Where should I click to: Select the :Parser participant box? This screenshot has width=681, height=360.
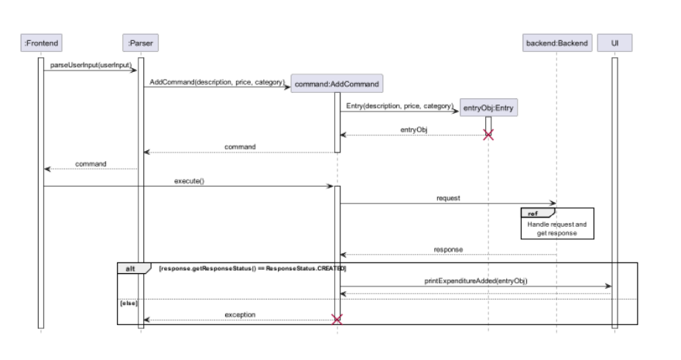click(140, 43)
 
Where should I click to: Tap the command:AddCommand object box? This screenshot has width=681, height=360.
click(337, 83)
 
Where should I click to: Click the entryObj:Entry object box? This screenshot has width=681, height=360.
click(488, 108)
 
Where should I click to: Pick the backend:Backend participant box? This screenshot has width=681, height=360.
click(556, 43)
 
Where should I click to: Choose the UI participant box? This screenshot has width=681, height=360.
click(614, 43)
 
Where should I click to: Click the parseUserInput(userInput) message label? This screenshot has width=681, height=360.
click(91, 64)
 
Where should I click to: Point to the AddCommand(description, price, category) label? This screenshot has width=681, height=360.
click(217, 81)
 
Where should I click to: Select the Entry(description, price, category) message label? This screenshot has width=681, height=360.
click(399, 105)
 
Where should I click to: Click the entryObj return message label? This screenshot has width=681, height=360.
click(413, 129)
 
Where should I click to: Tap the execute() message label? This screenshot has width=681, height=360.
click(189, 180)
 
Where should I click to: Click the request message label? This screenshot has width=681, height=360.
click(448, 198)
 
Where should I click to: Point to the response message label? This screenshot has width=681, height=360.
click(448, 249)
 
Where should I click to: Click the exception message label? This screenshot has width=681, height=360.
click(240, 315)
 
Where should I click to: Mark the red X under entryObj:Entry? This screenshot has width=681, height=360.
click(488, 135)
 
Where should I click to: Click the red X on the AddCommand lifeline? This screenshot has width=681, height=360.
click(337, 320)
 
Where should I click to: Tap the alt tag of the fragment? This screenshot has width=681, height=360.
click(128, 268)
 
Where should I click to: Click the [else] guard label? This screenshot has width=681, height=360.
click(128, 303)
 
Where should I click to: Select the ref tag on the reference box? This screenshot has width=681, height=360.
click(532, 213)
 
